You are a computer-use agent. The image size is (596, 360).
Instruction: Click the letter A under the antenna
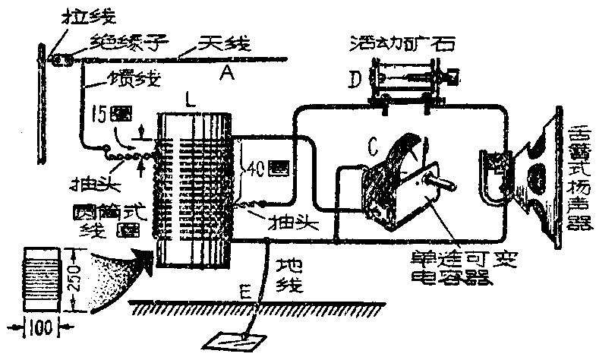point(225,73)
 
